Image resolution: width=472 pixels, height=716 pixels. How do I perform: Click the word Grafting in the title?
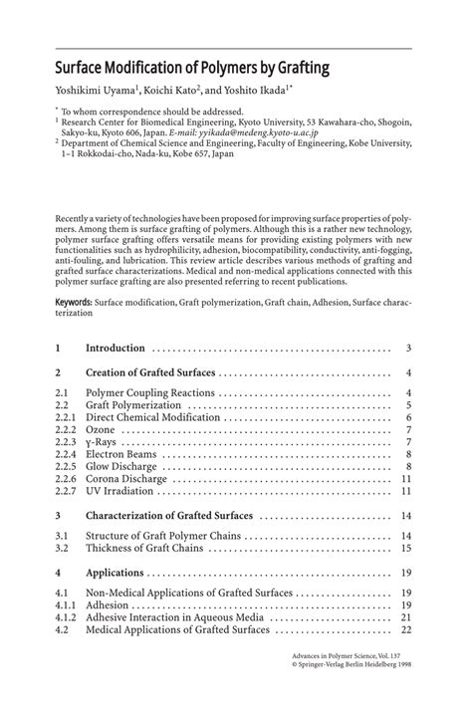coord(294,70)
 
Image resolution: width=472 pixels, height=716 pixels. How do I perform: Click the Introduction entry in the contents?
coord(116,348)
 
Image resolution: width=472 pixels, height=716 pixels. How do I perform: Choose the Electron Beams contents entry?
coord(121,453)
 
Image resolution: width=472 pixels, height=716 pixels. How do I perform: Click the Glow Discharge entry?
coord(122,465)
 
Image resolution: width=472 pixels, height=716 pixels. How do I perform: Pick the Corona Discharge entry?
coord(126,478)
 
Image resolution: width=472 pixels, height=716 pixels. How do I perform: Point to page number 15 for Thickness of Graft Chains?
coord(405,548)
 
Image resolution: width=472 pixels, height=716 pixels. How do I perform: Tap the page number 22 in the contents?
coord(405,629)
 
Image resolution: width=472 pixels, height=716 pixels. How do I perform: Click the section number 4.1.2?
coord(65,617)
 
